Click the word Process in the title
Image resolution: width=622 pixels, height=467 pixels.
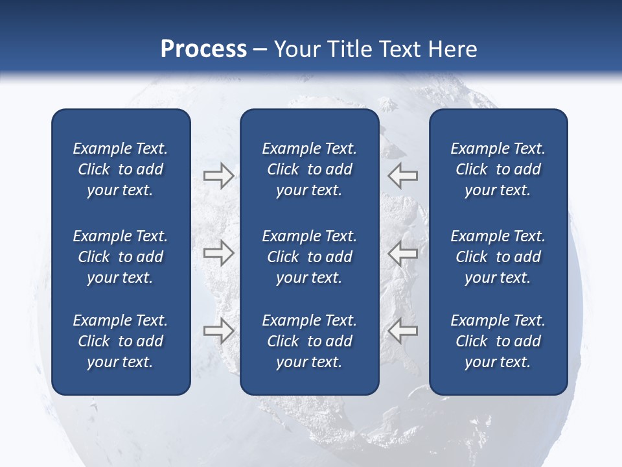pos(203,49)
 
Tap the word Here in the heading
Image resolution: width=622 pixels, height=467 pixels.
pos(453,49)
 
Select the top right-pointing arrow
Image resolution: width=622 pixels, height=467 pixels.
pos(218,176)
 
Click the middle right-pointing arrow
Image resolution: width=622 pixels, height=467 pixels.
pos(218,254)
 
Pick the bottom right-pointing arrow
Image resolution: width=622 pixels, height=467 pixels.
pos(218,331)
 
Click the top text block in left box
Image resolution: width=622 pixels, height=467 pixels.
pos(121,169)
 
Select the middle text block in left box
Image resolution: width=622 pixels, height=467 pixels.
pos(121,257)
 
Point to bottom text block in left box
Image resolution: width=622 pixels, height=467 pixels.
pos(121,341)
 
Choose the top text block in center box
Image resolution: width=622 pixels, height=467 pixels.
pos(310,169)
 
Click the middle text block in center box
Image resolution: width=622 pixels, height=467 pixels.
pos(310,257)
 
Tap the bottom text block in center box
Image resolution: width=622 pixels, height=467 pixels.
pos(310,341)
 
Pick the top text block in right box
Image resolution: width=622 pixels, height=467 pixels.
pos(498,169)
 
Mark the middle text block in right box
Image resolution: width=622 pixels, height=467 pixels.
pos(498,257)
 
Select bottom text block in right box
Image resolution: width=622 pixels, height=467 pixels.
pos(498,341)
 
